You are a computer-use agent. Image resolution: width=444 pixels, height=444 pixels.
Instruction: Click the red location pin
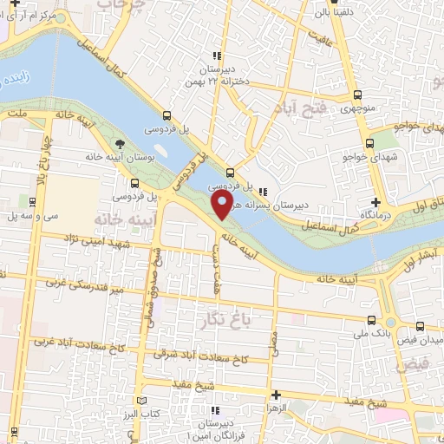223,206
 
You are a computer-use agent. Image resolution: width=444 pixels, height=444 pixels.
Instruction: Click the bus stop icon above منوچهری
357,94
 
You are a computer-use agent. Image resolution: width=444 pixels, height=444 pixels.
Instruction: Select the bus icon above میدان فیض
421,328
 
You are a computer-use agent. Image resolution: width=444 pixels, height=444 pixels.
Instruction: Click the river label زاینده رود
16,82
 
